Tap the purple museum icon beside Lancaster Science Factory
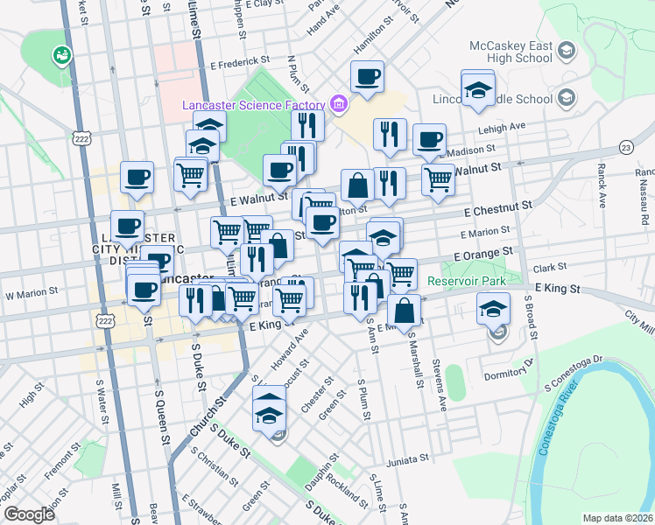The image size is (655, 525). tap(339, 106)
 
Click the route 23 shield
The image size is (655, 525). tap(625, 149)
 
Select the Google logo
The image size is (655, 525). tap(29, 514)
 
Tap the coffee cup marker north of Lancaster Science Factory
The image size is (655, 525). tap(367, 76)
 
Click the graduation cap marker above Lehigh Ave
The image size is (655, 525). tap(478, 89)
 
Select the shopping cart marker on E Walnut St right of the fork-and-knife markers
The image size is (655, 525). tap(438, 180)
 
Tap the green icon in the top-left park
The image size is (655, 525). tap(61, 55)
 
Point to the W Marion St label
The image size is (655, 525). tap(32, 292)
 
